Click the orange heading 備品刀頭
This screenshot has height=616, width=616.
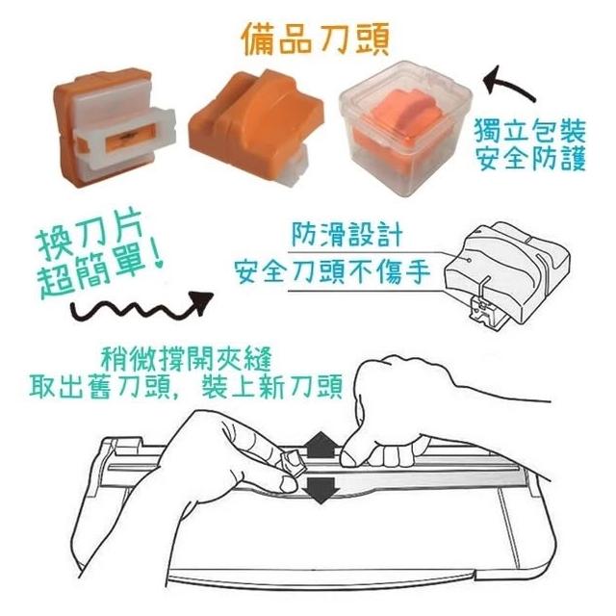[x=315, y=39]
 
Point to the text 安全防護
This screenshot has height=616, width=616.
[x=530, y=158]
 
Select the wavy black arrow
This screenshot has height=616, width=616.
[x=142, y=307]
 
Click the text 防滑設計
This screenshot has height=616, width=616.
[x=346, y=235]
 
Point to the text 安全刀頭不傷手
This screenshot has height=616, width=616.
[x=332, y=271]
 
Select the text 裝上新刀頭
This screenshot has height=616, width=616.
[x=271, y=386]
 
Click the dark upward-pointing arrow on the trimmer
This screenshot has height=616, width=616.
[x=321, y=445]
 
